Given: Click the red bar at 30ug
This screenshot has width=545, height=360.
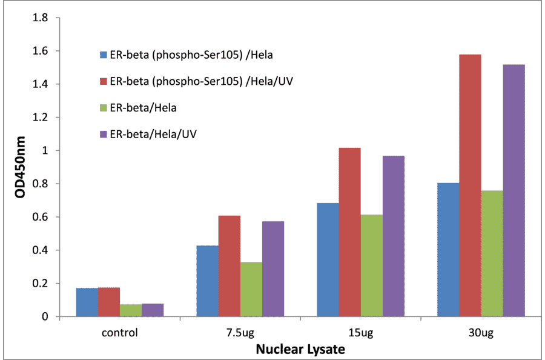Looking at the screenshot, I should pyautogui.click(x=471, y=185).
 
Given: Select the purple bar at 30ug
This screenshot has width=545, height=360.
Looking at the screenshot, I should pyautogui.click(x=514, y=190).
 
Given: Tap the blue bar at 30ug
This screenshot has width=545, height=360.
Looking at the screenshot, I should pyautogui.click(x=448, y=250).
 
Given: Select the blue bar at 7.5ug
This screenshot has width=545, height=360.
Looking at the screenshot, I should pyautogui.click(x=208, y=281).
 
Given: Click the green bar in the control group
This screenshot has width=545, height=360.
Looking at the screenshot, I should pyautogui.click(x=131, y=310).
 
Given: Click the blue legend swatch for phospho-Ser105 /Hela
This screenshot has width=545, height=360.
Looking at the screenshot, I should pyautogui.click(x=104, y=55).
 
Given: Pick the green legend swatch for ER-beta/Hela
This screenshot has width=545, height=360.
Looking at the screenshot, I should pyautogui.click(x=104, y=108).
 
